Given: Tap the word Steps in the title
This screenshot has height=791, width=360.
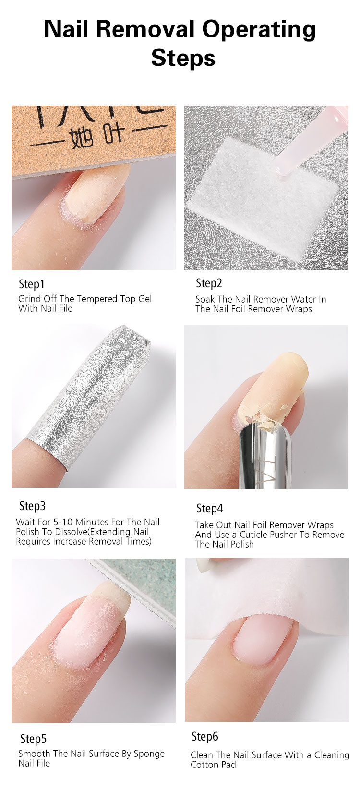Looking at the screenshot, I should coord(183,58).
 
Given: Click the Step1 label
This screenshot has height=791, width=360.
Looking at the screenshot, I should coord(32,284).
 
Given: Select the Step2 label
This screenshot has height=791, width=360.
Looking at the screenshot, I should coord(209,283).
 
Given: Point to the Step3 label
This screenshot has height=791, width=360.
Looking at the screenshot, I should coord(32,506).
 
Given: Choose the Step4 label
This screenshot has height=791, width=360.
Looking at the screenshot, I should coord(209,508).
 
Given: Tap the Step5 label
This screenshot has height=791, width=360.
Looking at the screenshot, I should coord(33,739).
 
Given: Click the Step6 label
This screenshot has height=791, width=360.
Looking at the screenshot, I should coord(204,736).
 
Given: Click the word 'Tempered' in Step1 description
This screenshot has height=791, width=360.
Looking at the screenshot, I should coord(97,299).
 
